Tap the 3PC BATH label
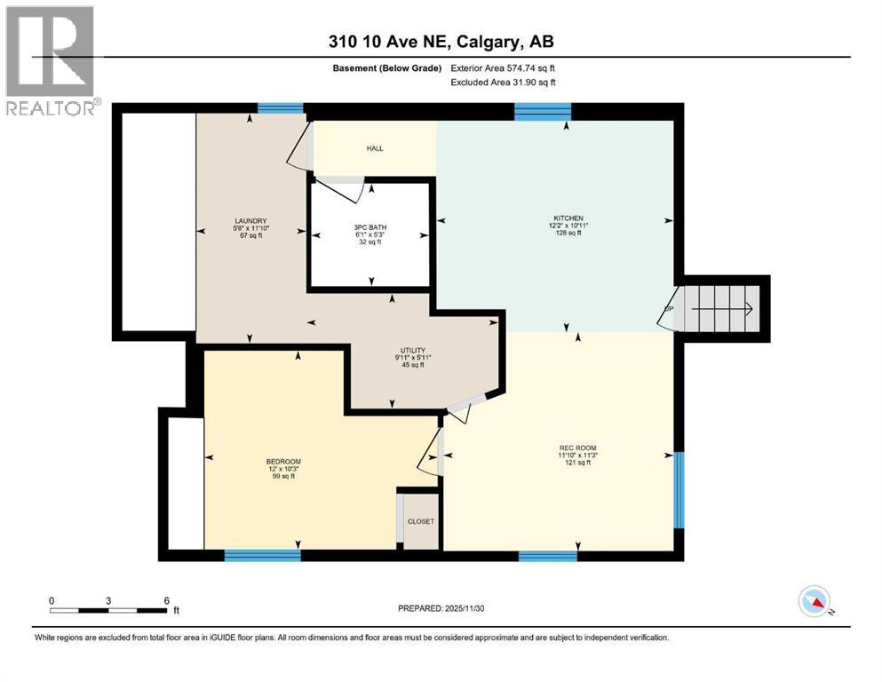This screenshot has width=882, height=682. [370, 227]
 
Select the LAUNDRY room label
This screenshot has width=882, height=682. [250, 221]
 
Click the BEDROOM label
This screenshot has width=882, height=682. [283, 461]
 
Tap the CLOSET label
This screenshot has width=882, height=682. [420, 521]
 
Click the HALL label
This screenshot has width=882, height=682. [375, 148]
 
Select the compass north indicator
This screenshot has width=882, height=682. [814, 603]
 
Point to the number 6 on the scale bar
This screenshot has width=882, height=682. [166, 600]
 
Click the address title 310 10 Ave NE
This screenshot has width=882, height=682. [441, 41]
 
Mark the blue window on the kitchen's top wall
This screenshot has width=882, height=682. [543, 111]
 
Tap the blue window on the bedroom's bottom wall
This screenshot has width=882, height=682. [262, 556]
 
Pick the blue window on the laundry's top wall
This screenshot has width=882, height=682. [281, 109]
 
